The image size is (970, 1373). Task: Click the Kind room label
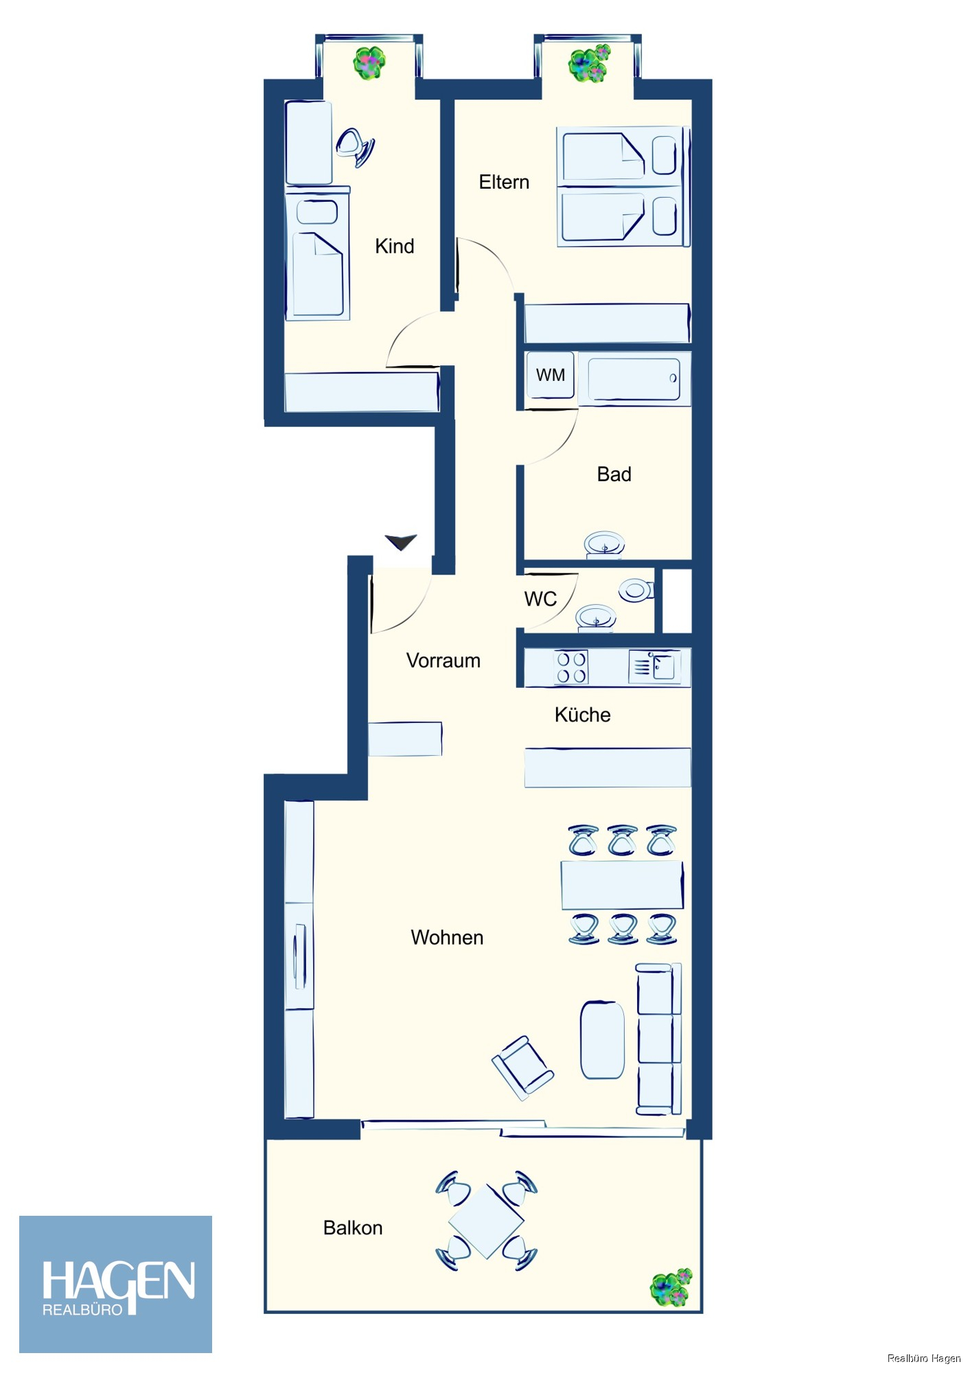(394, 246)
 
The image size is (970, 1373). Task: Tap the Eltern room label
(504, 182)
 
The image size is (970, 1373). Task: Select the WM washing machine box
(550, 375)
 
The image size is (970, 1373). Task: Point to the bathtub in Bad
(634, 378)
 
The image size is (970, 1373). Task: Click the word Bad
(614, 474)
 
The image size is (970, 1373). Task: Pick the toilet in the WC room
(636, 590)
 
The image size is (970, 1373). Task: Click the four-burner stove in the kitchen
(571, 667)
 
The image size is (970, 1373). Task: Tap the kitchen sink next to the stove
(655, 667)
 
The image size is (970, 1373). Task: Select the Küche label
(582, 715)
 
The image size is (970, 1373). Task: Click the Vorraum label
(443, 660)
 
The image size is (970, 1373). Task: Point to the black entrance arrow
(401, 542)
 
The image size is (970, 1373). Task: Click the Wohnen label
(447, 937)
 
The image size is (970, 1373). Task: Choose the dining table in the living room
(622, 885)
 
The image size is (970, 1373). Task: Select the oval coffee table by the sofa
(602, 1040)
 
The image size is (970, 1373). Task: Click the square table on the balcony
(486, 1221)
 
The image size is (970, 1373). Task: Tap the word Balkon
(353, 1227)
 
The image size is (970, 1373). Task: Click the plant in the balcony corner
(671, 1287)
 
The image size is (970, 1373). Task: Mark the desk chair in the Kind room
(355, 147)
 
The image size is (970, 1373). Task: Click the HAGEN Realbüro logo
(115, 1284)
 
